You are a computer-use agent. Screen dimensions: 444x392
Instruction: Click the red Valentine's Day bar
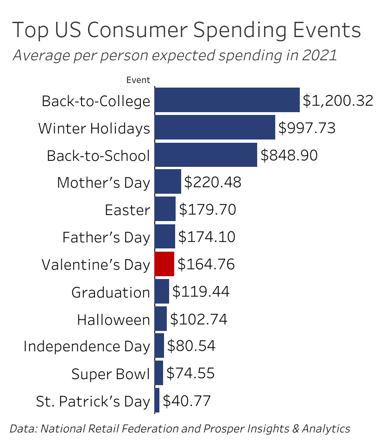pos(164,264)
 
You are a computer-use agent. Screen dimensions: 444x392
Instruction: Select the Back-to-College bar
pos(227,100)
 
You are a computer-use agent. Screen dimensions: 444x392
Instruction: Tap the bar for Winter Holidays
pos(215,127)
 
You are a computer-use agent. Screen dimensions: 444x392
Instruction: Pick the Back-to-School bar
pos(206,155)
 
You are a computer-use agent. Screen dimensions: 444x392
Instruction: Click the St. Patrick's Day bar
pos(157,400)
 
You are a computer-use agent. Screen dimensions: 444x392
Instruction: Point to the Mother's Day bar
pos(168,182)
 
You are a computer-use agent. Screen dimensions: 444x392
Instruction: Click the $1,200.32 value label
pos(338,101)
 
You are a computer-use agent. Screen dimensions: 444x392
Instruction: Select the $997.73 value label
pos(307,128)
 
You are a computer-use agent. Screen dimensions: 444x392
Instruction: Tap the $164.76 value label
pos(206,264)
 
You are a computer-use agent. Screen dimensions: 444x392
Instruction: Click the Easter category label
pos(127,210)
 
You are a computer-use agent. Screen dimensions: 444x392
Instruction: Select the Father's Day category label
pos(106,237)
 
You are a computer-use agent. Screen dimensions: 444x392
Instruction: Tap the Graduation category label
pos(111,292)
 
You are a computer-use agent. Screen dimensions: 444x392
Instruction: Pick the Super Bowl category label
pos(111,374)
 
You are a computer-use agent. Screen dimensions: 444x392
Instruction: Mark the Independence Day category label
pos(87,346)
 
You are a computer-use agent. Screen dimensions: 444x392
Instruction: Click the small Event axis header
pos(138,80)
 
